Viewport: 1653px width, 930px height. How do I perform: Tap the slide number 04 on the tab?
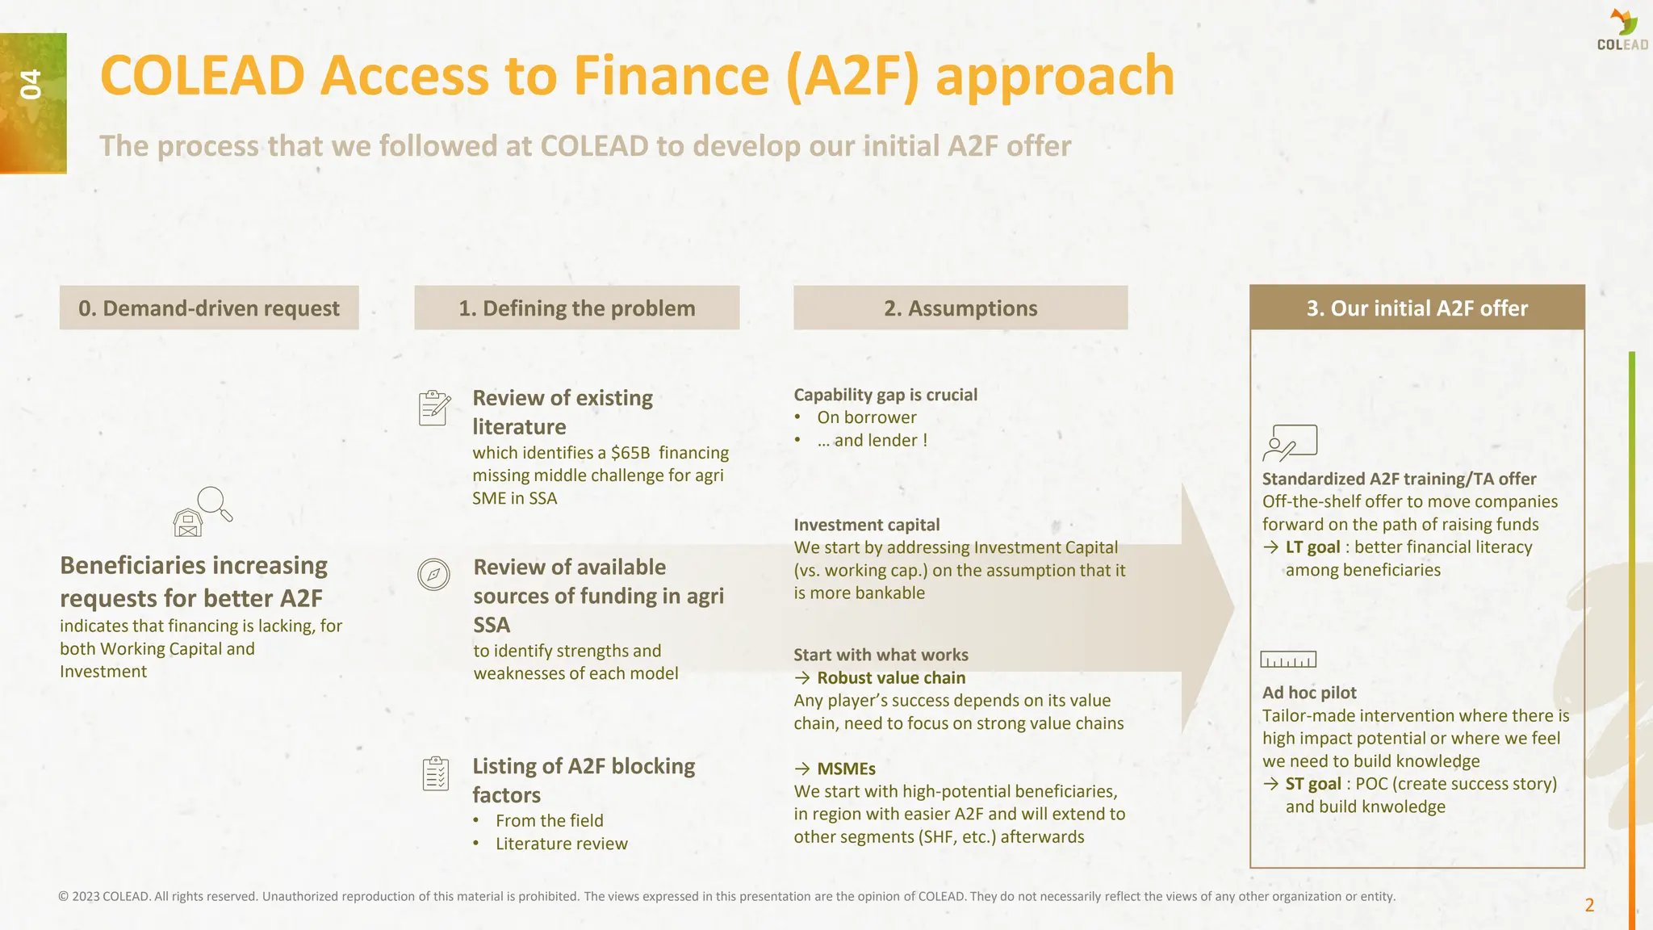(31, 85)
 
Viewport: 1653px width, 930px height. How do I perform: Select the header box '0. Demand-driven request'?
(209, 308)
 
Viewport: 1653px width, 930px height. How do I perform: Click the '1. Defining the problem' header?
(576, 308)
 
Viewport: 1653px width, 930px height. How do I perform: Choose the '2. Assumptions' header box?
(960, 308)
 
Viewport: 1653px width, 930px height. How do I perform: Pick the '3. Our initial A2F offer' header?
(1417, 308)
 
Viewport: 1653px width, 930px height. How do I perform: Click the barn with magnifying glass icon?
(202, 512)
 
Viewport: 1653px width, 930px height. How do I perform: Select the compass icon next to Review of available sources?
(433, 574)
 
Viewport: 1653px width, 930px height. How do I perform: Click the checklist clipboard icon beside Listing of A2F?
(436, 773)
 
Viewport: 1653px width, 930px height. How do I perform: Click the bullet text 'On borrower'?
(866, 417)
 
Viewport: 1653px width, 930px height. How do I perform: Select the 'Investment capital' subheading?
(866, 525)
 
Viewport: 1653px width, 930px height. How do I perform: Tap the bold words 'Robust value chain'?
(890, 678)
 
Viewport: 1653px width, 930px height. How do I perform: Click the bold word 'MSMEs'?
(846, 769)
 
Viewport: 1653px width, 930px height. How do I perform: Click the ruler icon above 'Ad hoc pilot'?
(1288, 660)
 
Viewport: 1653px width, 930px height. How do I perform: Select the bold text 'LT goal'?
(1312, 547)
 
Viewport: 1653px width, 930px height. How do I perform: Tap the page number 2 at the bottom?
(1589, 905)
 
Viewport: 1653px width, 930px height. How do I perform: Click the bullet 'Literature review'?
(561, 844)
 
